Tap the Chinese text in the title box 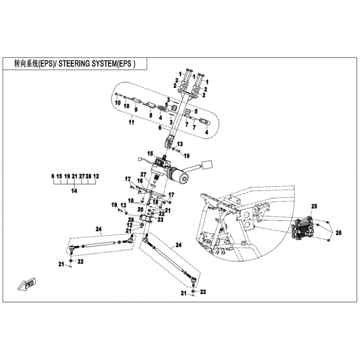point(20,64)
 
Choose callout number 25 point(314,207)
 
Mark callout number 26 point(338,233)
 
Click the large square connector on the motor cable point(207,165)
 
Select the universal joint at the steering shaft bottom point(170,142)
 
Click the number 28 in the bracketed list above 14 point(89,177)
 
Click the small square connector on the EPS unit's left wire point(139,158)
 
